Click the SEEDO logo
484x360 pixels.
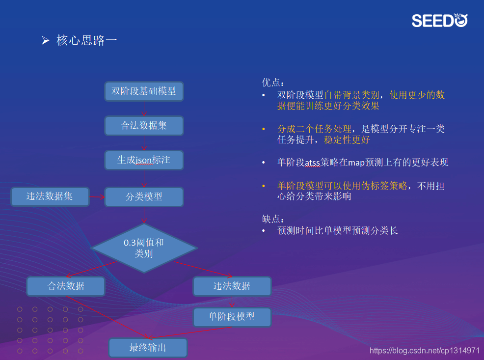click(x=439, y=20)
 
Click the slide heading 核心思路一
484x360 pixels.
click(x=86, y=41)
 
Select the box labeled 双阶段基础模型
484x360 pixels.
click(x=144, y=91)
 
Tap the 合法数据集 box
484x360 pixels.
click(x=144, y=126)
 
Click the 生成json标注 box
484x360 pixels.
click(x=144, y=160)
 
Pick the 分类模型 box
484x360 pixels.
click(x=144, y=197)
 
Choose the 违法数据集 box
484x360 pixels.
click(x=50, y=196)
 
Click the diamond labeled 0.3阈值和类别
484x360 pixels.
click(x=144, y=248)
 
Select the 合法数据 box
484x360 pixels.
click(x=66, y=286)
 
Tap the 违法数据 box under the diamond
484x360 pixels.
click(x=232, y=286)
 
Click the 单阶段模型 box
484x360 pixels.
click(x=232, y=317)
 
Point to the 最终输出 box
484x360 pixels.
click(x=148, y=348)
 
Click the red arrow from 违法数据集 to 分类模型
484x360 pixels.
click(x=97, y=197)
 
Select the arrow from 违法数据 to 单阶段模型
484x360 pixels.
click(x=232, y=302)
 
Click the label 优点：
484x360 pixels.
click(x=273, y=83)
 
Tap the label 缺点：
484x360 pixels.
click(x=273, y=219)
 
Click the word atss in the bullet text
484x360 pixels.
click(x=312, y=163)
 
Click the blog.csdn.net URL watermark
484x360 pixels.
click(x=425, y=350)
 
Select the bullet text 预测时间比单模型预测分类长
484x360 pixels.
click(x=338, y=230)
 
